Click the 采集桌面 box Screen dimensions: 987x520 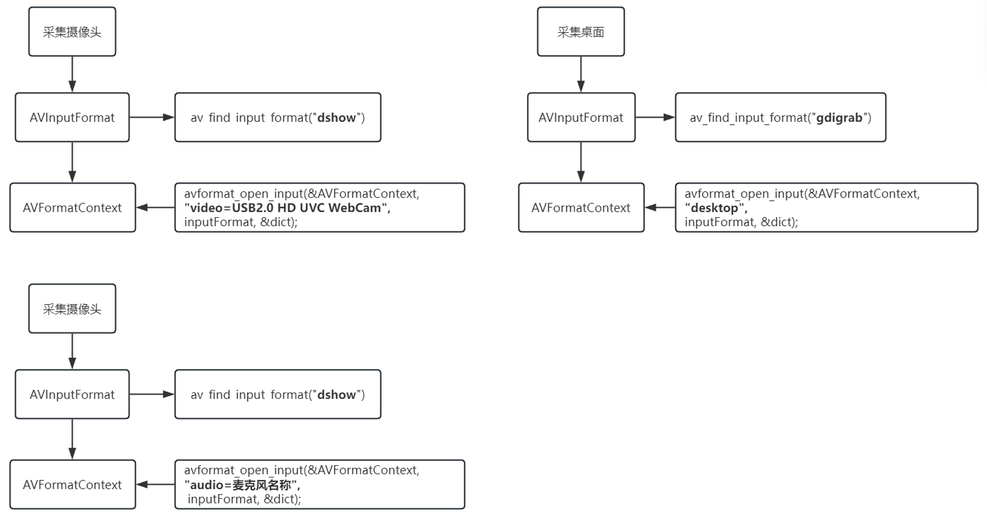point(581,32)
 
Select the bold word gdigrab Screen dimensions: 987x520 point(839,118)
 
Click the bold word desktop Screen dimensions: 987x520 point(714,208)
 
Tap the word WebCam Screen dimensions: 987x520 point(355,208)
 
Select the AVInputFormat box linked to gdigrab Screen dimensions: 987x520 point(581,117)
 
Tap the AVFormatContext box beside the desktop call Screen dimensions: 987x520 point(581,208)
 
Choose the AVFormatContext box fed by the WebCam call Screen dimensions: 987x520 point(73,208)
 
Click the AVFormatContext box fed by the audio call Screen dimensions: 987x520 point(73,484)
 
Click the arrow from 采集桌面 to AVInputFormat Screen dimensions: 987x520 point(581,75)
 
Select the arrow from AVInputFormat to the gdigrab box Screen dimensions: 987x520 point(655,117)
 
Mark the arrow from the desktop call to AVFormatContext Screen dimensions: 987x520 point(660,208)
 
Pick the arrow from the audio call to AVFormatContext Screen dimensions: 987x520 point(156,484)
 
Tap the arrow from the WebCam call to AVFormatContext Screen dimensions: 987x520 point(156,208)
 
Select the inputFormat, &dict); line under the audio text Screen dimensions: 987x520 point(244,499)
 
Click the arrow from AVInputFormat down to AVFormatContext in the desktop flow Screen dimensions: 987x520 point(581,162)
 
